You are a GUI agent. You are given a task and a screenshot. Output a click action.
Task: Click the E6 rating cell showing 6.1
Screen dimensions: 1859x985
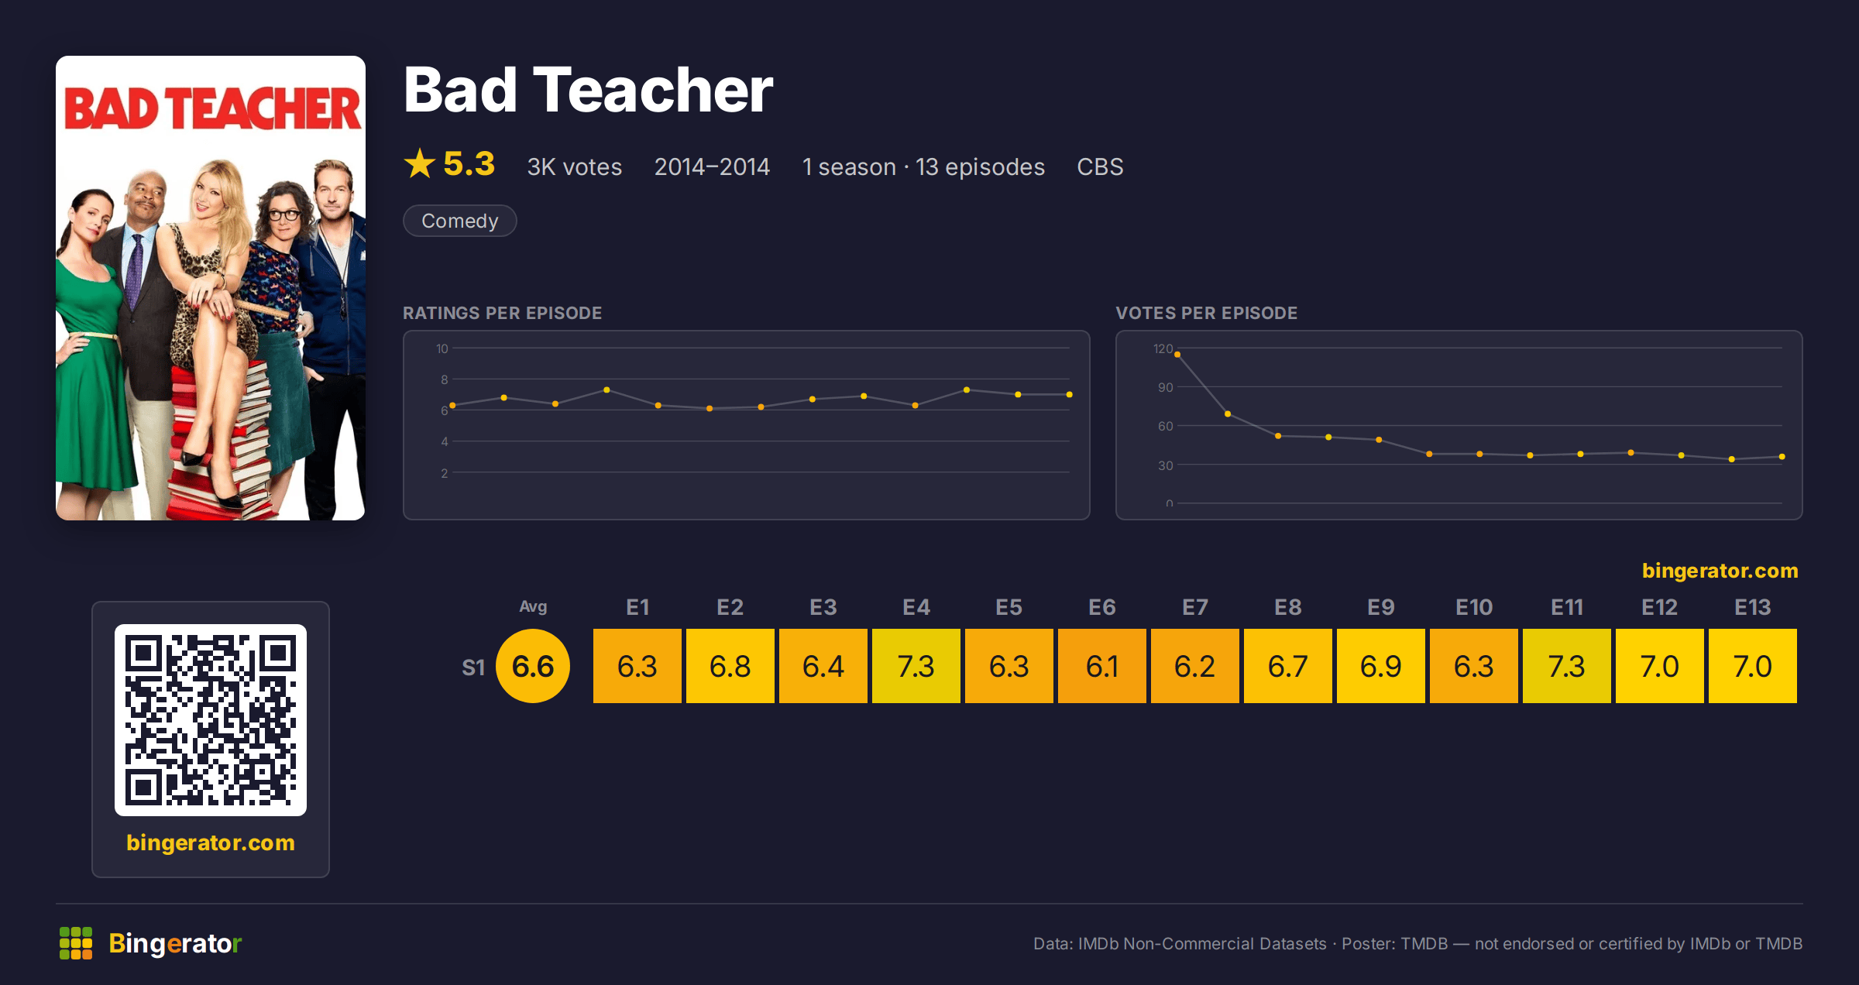point(1101,666)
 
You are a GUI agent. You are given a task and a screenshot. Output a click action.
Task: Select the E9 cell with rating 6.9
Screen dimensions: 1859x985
point(1380,666)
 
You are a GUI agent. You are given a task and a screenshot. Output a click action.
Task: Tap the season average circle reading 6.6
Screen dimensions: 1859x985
point(533,666)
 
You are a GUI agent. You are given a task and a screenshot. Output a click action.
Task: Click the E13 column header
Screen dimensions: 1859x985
point(1752,607)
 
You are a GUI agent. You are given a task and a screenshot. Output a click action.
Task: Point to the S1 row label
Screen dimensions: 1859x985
point(473,668)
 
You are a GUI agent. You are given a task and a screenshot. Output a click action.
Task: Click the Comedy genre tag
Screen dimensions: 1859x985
point(460,221)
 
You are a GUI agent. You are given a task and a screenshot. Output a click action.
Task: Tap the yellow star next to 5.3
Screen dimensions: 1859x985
point(420,163)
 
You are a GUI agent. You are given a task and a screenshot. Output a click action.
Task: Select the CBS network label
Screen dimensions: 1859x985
point(1100,166)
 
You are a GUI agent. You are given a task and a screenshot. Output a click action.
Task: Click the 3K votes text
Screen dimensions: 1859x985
point(575,166)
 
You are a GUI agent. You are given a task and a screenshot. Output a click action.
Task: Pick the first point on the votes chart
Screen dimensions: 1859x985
point(1177,355)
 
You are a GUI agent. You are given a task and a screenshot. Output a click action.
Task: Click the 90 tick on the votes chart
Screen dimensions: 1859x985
point(1165,387)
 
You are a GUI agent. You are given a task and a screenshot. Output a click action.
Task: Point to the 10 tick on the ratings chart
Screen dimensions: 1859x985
point(442,348)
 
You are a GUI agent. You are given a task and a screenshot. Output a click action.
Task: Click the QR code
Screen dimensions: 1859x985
point(211,720)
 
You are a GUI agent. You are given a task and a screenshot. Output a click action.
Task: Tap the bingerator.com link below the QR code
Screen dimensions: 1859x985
point(211,843)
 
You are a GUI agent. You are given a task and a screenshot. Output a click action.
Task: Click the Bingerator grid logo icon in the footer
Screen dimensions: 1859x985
point(76,943)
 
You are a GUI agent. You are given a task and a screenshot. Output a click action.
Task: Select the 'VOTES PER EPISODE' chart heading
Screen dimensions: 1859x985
point(1206,313)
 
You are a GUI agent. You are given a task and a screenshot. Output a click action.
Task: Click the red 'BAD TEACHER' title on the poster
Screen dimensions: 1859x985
point(211,108)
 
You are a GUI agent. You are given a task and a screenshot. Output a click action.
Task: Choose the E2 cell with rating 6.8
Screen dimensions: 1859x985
point(730,666)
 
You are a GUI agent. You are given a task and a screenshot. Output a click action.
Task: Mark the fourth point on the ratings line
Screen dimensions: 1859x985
point(606,390)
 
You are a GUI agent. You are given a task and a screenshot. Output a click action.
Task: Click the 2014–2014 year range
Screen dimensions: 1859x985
point(712,166)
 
